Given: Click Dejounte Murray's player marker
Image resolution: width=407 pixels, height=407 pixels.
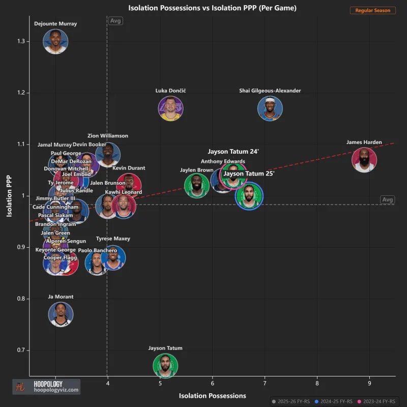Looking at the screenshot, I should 55,41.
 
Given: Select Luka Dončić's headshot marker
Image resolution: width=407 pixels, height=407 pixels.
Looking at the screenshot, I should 170,108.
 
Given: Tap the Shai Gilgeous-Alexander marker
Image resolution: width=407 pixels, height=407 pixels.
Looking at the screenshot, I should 270,108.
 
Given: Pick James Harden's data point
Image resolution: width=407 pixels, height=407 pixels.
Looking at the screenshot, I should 364,160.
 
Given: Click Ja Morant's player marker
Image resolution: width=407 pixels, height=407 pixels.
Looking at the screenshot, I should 61,314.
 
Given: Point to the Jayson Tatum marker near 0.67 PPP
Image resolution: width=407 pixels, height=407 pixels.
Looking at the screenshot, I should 165,366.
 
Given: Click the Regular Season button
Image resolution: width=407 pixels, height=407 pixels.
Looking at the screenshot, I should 373,10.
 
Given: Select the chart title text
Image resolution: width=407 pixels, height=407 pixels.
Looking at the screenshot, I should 212,8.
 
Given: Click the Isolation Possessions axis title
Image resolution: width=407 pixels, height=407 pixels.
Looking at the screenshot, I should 212,395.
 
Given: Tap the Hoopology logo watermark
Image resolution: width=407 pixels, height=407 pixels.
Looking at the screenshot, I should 46,387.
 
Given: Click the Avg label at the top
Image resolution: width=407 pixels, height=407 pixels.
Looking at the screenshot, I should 115,21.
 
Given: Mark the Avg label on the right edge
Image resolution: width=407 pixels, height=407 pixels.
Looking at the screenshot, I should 388,199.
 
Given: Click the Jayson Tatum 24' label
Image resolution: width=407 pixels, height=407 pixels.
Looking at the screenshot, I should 234,152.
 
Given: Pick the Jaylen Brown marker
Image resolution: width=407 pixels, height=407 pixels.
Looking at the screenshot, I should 196,185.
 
